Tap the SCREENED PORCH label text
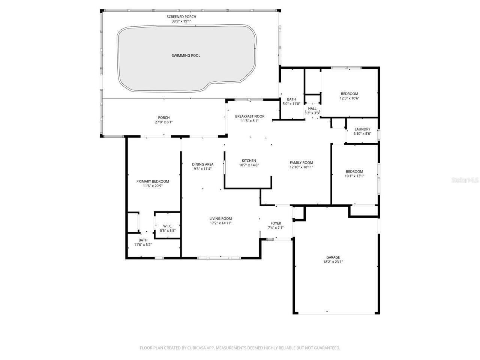pos(181,17)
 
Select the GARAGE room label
pos(333,257)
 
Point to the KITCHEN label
pos(249,160)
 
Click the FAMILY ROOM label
pos(301,163)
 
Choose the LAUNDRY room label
pos(362,129)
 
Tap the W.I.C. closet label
pos(168,226)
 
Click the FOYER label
pos(276,223)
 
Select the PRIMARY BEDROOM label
pos(153,181)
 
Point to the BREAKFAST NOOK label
pos(250,116)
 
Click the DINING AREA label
pos(202,164)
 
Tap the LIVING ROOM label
pos(220,219)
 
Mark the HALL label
pos(312,108)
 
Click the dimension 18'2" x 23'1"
pos(333,262)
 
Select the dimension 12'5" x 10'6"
pos(349,99)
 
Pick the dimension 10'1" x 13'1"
pos(354,176)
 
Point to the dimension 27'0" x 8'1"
pos(164,122)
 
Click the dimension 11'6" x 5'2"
pos(143,245)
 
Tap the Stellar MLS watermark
pos(465,180)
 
